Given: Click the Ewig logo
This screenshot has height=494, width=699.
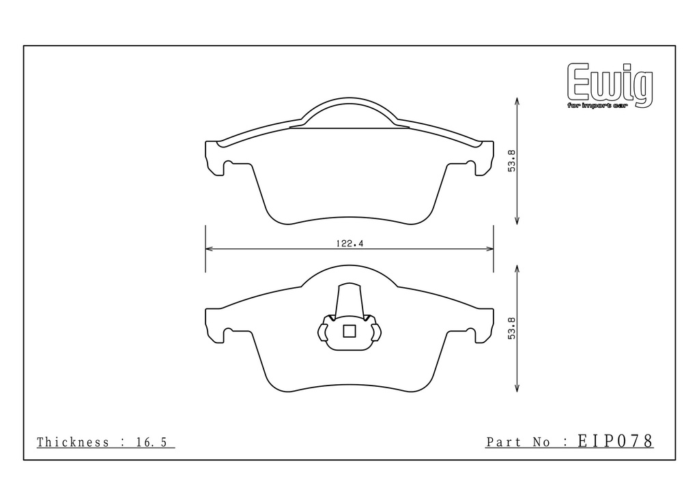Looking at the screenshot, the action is coord(610,85).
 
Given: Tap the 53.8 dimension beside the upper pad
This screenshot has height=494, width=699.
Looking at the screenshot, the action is coord(512,161).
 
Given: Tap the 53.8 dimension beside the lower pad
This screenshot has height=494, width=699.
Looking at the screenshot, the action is coord(512,328).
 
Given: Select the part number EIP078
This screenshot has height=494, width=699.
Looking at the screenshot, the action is coord(616,441).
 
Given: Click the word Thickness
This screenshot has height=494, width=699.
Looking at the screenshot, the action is coord(72,442).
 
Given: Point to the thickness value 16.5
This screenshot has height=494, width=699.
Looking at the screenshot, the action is coord(151,442).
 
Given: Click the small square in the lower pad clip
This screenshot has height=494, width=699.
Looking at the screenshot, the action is coord(349,331).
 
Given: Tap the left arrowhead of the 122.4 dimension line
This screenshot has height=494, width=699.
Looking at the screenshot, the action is coord(209,248).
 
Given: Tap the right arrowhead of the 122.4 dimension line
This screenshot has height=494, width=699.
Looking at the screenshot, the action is coord(490,248).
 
